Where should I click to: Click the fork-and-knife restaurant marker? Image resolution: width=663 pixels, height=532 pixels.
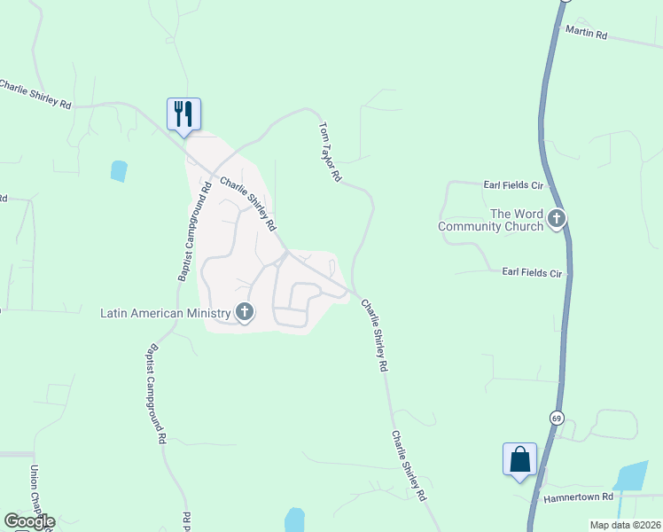pos(183,114)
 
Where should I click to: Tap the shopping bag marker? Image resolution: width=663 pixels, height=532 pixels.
pos(519,459)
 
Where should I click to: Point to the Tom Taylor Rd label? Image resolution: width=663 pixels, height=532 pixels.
pos(330,153)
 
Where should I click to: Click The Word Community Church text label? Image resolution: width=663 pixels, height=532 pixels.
pos(490,220)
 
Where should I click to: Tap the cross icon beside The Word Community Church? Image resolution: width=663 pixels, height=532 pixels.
pos(557,218)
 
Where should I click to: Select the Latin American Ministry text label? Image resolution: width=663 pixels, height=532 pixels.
pos(165,313)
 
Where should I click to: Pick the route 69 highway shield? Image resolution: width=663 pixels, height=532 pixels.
pos(556,418)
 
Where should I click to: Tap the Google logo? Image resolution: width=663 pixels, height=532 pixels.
pos(29,521)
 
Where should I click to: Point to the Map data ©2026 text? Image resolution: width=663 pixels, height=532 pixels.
pos(625,524)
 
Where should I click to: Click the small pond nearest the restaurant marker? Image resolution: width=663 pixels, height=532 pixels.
pos(119,170)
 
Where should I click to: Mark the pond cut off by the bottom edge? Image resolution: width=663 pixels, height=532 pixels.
pos(295,520)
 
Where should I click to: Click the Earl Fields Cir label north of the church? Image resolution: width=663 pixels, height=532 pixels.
pos(512,185)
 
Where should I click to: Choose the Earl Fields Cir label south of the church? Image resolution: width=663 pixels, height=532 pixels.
pos(532,273)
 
